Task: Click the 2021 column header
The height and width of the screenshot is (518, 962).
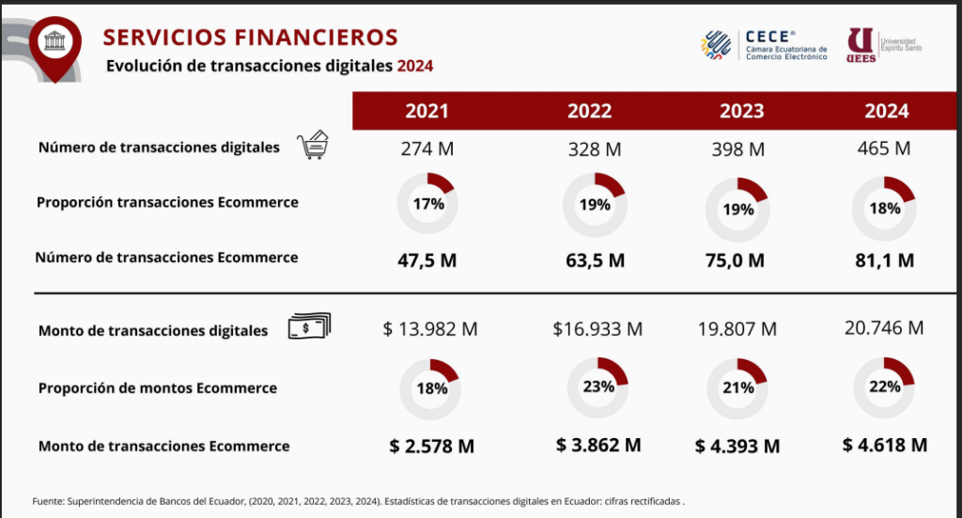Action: coord(427,111)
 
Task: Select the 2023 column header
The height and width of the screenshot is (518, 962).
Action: coord(741,111)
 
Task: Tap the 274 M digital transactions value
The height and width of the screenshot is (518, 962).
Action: coord(427,149)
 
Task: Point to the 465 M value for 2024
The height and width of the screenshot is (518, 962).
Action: coord(884,149)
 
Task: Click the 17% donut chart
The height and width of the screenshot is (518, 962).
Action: coord(427,203)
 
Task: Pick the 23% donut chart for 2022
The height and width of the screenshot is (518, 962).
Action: coord(597,386)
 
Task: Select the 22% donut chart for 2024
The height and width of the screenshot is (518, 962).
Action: coord(884,386)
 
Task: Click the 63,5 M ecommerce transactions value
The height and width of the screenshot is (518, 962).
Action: coord(589,260)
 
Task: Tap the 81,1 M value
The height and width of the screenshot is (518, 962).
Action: coord(883,260)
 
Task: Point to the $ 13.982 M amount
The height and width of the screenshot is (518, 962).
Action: coord(430,329)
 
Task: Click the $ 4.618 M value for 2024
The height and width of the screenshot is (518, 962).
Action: coord(885,445)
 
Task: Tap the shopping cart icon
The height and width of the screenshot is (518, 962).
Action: coord(313,147)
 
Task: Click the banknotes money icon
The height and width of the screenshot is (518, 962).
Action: coord(310,327)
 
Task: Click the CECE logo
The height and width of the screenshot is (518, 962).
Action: coord(765,44)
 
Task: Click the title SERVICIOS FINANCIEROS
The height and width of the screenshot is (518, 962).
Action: coord(250,37)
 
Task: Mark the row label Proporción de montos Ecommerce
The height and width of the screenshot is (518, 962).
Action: coord(158,388)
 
